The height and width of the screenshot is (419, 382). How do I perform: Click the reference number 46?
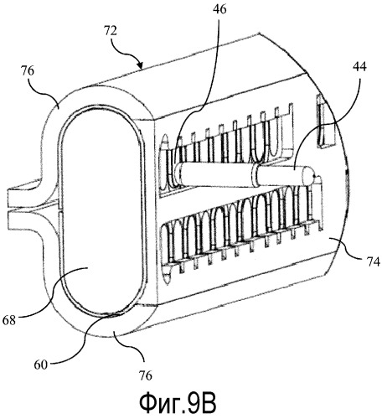(219, 9)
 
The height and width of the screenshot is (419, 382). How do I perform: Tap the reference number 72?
(111, 31)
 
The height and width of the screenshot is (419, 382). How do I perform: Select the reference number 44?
(359, 66)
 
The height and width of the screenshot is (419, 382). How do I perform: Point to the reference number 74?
(374, 262)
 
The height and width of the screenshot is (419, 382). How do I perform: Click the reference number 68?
(8, 320)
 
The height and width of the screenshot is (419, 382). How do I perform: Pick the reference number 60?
(41, 365)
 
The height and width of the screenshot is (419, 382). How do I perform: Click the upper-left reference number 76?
(27, 70)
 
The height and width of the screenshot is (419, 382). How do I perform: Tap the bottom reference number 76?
(145, 375)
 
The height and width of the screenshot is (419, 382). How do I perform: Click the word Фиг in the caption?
(161, 403)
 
